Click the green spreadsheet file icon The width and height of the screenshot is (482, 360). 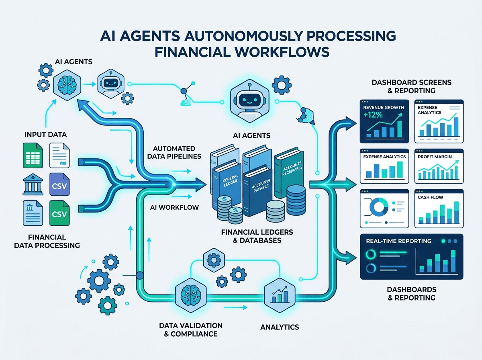[33, 155]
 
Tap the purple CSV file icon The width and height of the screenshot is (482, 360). [59, 184]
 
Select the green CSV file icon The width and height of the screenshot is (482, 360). [59, 213]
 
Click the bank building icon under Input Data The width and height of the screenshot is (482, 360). [33, 184]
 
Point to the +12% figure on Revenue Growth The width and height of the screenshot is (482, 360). [373, 115]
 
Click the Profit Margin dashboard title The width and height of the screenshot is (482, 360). [435, 157]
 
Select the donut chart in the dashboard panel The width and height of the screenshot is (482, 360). [379, 207]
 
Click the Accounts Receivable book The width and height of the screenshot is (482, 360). [290, 174]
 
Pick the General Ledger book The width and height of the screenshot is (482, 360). [227, 184]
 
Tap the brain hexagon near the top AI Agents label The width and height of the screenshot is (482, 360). [67, 85]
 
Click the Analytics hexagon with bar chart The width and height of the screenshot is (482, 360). [280, 295]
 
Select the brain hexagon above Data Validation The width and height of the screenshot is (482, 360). [191, 295]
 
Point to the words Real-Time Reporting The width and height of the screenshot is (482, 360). [398, 241]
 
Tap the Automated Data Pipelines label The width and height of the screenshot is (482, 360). [174, 152]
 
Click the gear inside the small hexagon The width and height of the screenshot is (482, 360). [214, 260]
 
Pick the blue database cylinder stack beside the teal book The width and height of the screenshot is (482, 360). [296, 200]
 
